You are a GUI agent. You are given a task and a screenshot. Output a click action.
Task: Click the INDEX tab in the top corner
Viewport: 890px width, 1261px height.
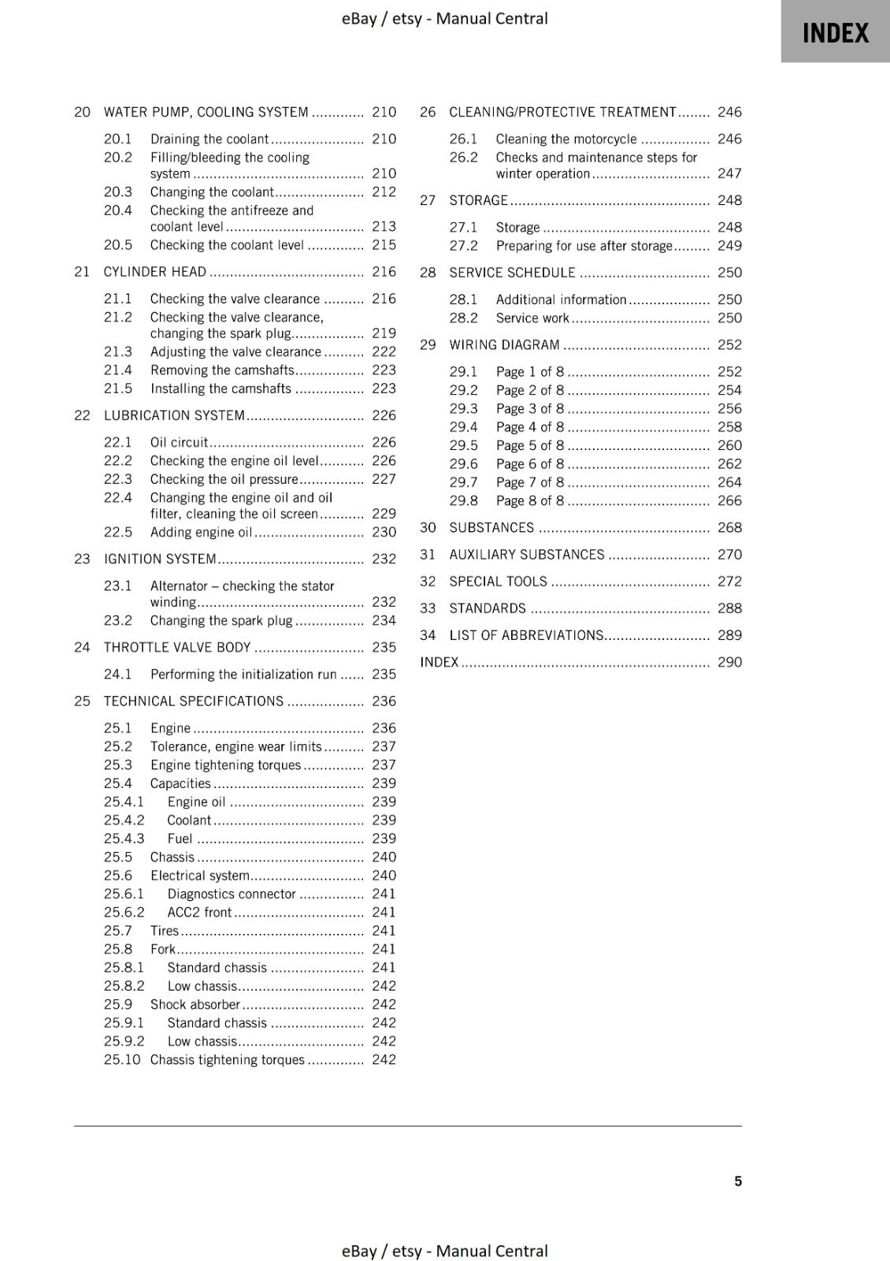[x=835, y=33]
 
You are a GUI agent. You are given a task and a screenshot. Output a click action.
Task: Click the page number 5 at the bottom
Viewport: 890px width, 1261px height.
[x=738, y=1181]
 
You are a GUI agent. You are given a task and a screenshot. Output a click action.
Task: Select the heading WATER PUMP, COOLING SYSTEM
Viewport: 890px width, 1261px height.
[x=206, y=112]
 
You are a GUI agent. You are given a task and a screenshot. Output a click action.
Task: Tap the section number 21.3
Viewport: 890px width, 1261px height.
[x=118, y=352]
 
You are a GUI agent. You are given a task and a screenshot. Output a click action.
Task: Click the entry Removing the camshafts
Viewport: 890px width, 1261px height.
[x=222, y=370]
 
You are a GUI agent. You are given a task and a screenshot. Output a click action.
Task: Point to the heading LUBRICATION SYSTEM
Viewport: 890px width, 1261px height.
[x=174, y=415]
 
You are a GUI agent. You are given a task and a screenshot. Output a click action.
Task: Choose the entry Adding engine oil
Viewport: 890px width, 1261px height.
[x=201, y=532]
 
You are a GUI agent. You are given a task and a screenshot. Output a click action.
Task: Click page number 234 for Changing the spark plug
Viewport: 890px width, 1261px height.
[x=384, y=620]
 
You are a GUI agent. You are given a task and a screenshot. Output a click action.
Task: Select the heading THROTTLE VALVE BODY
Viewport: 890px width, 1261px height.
[x=177, y=647]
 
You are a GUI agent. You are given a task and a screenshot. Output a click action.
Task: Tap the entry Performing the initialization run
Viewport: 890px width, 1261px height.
[x=243, y=674]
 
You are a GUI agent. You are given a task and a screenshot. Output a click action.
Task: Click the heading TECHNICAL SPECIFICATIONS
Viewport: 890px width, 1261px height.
[x=193, y=701]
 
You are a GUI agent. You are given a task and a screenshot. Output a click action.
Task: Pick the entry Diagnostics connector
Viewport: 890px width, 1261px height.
[x=232, y=894]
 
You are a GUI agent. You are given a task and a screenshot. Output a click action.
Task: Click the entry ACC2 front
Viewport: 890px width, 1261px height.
[x=199, y=912]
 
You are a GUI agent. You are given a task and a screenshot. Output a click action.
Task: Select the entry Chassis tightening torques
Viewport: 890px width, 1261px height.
[x=227, y=1059]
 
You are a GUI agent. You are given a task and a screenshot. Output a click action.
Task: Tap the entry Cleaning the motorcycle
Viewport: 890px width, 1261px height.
[x=566, y=139]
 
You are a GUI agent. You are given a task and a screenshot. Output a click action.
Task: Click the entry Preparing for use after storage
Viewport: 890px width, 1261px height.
[x=584, y=245]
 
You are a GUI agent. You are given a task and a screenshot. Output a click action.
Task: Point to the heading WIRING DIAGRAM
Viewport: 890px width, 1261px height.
[x=504, y=344]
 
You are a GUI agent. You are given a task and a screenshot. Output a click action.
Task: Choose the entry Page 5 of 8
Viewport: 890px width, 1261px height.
[x=530, y=445]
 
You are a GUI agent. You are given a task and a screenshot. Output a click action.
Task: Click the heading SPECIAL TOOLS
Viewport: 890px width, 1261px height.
[x=498, y=581]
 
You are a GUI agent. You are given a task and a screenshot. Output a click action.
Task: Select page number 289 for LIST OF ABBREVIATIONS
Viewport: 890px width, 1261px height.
[x=729, y=634]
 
